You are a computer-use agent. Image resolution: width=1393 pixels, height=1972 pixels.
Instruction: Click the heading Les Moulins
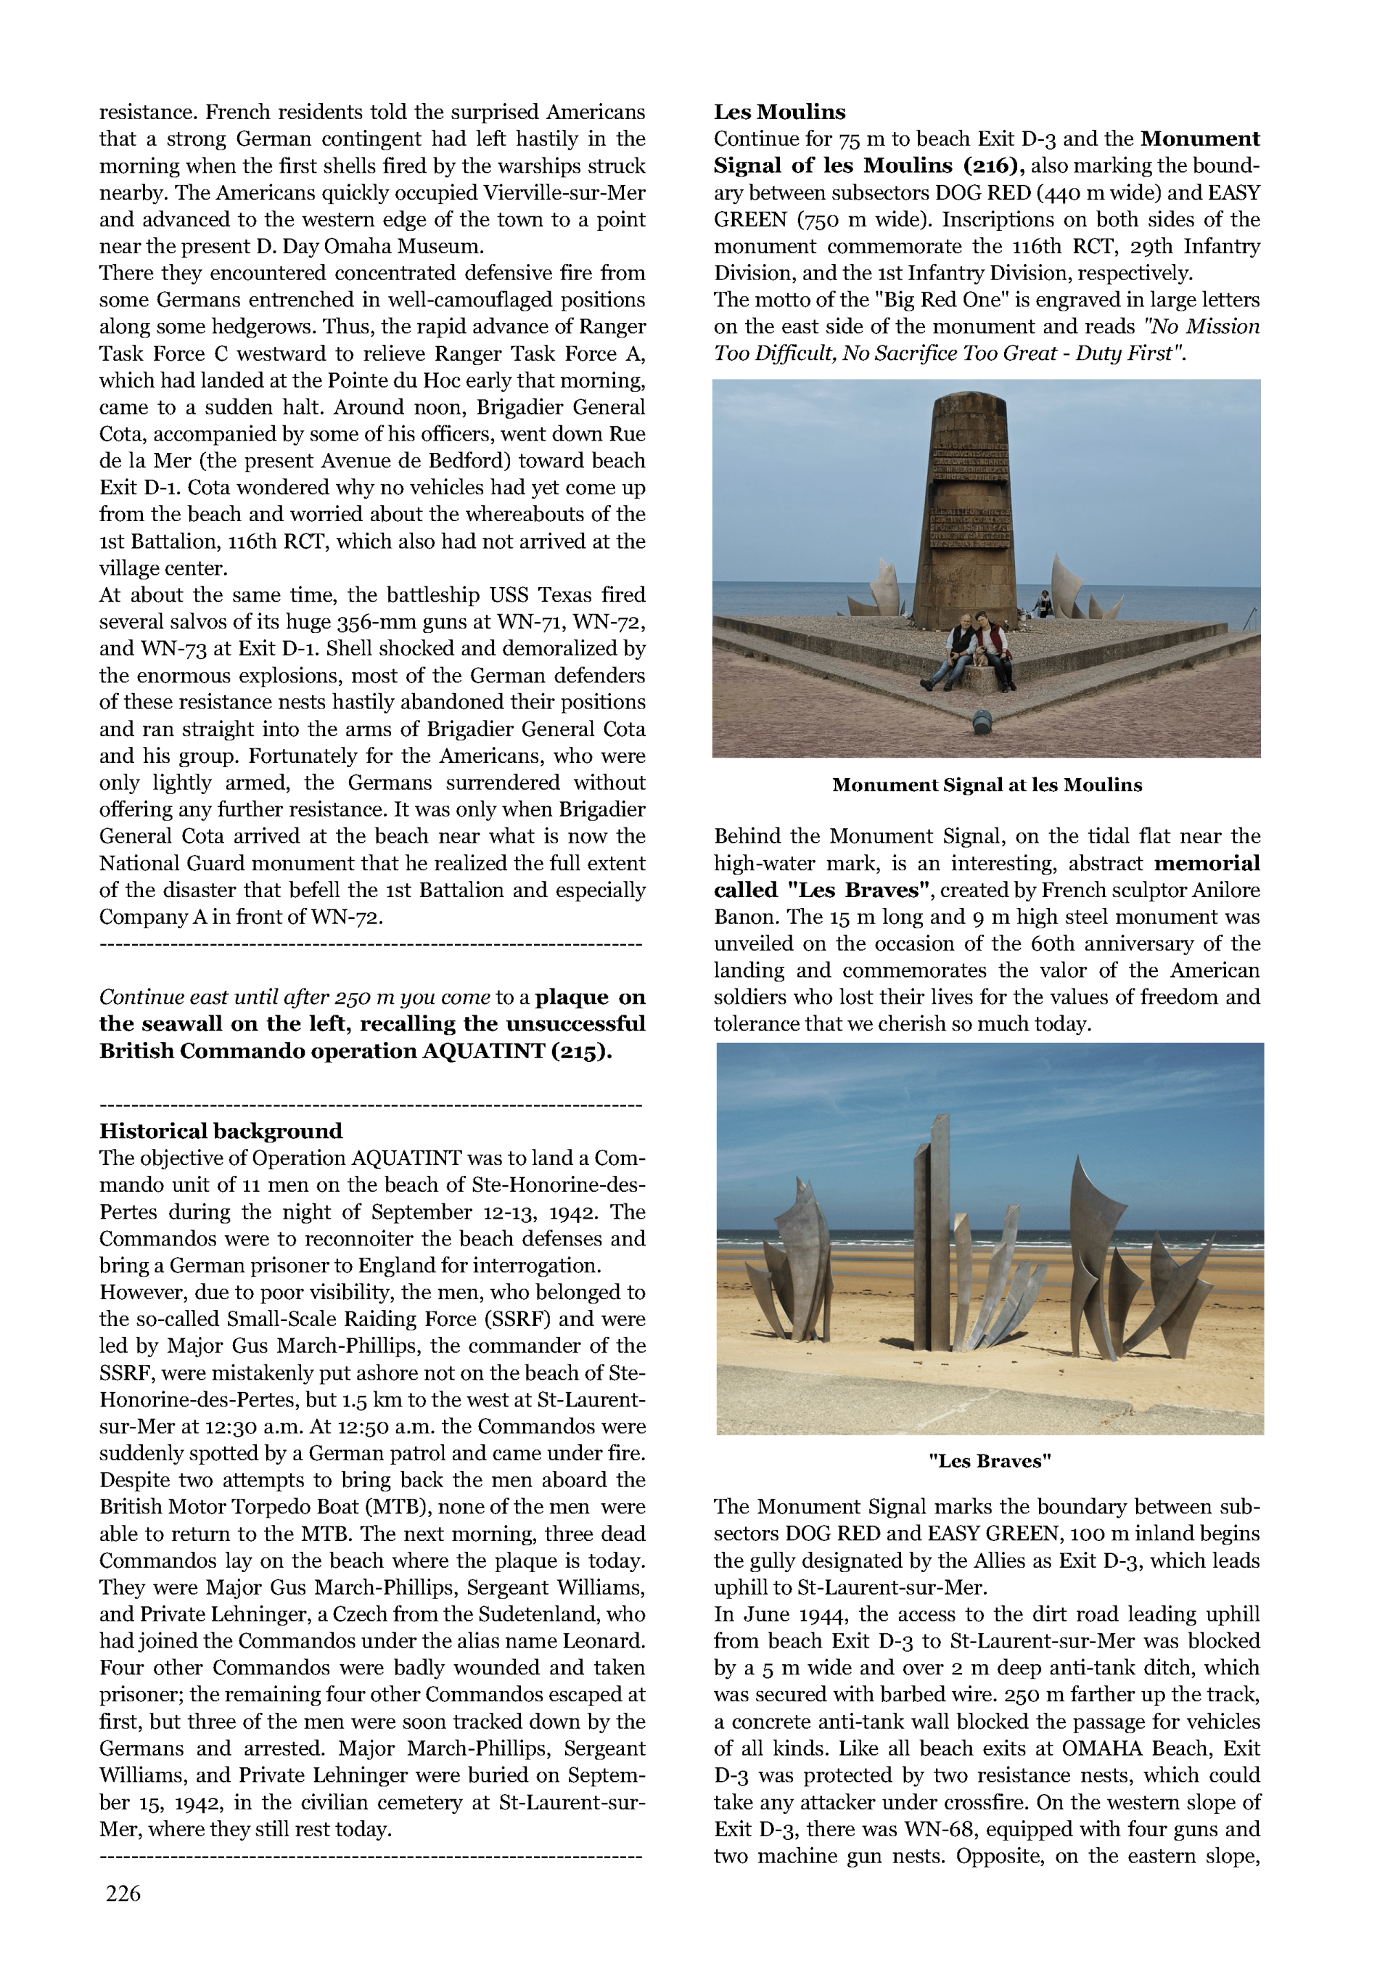pyautogui.click(x=779, y=112)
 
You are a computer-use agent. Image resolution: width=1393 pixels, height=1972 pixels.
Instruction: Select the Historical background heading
pyautogui.click(x=221, y=1131)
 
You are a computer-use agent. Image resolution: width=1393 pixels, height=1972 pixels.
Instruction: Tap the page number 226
pyautogui.click(x=123, y=1893)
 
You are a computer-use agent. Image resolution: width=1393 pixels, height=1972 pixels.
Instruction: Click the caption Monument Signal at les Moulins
pyautogui.click(x=987, y=785)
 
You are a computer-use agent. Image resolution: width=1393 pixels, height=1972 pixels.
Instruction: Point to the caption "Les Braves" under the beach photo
pyautogui.click(x=990, y=1461)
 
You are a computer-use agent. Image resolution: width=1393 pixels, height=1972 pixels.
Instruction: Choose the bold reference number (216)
pyautogui.click(x=993, y=165)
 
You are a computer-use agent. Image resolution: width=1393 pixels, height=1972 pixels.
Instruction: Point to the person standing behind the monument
pyautogui.click(x=1043, y=603)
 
